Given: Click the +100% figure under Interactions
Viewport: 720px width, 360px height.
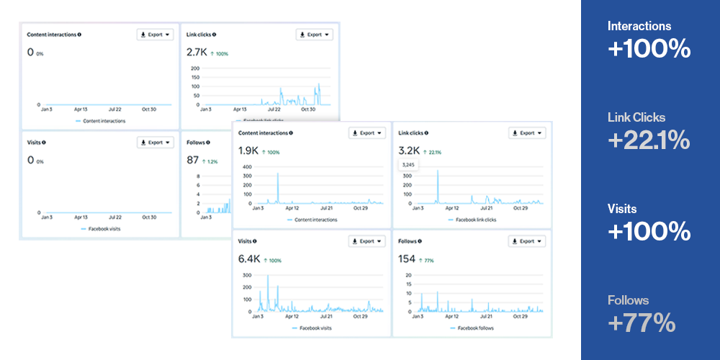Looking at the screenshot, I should point(649,49).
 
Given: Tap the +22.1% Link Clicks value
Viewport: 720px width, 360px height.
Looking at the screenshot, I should point(649,140).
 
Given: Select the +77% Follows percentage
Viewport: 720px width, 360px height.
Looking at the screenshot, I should point(642,323).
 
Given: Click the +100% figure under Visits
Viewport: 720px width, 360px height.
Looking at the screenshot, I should point(649,232).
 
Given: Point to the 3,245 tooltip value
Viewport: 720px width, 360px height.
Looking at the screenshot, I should point(408,165).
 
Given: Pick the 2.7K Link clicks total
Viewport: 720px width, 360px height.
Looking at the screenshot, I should point(197,53).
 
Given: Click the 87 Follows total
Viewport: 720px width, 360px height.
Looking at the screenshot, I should point(192,160).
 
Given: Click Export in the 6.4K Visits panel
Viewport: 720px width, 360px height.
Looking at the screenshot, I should point(367,241).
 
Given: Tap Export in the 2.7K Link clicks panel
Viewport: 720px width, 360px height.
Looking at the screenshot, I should point(314,34).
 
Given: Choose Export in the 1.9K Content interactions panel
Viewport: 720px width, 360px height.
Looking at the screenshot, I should point(367,133).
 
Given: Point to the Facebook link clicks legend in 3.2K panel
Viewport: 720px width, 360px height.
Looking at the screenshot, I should point(475,220).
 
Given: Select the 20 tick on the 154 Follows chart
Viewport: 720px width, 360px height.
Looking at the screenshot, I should point(409,275).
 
